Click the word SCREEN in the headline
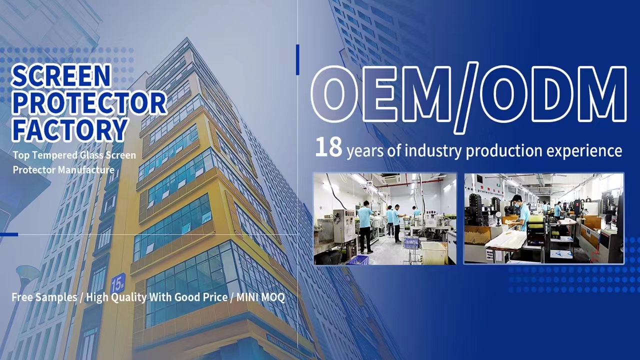click(61, 76)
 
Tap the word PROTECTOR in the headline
click(89, 103)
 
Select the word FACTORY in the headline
click(70, 129)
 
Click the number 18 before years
click(328, 147)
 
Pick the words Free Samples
click(44, 297)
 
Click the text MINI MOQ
click(260, 297)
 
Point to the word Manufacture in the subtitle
click(86, 170)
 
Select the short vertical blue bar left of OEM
click(297, 59)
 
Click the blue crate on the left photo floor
click(357, 259)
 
